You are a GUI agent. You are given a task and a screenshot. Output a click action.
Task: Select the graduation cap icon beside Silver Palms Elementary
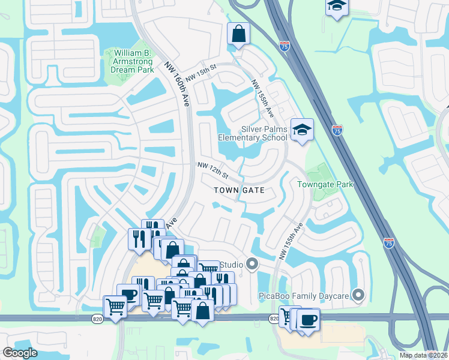pos(302,129)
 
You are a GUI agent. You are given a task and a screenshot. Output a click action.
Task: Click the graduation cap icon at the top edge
pos(337,7)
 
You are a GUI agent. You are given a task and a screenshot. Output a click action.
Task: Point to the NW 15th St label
pos(200,74)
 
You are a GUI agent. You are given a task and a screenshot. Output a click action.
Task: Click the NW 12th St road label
pos(213,171)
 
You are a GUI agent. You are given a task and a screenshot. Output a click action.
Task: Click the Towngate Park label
pos(325,185)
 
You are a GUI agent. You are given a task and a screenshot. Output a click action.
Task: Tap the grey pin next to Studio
pos(253,264)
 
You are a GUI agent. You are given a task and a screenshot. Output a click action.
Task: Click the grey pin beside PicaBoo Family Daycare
pos(358,295)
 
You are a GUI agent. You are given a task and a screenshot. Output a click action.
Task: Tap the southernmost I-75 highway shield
pos(388,242)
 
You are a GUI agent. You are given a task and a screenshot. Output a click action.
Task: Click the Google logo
pos(20,352)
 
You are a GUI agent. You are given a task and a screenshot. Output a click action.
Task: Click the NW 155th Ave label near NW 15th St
pos(262,98)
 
